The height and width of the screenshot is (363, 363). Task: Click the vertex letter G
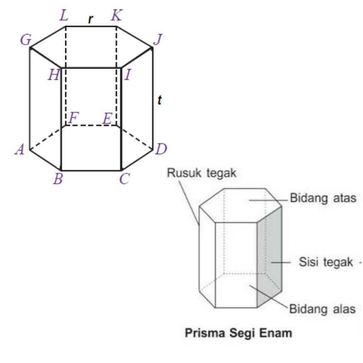(26, 40)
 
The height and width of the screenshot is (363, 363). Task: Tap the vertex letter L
(64, 16)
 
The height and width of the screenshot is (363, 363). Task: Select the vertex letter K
(116, 16)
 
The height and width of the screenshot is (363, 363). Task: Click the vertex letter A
(19, 150)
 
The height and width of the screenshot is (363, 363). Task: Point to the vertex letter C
(124, 180)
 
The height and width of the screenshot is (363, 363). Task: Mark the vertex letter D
(161, 149)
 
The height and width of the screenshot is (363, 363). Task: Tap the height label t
(160, 101)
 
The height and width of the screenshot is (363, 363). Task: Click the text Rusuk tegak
(202, 173)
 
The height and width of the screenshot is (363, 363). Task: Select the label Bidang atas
(323, 198)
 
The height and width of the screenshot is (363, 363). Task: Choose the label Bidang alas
(322, 309)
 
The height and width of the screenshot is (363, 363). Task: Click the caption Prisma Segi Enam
(239, 333)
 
